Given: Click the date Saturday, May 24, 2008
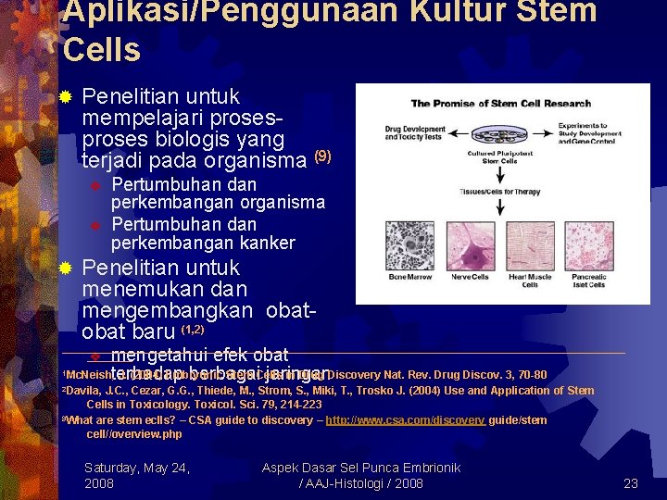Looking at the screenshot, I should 137,475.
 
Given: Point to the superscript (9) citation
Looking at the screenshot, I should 322,156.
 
